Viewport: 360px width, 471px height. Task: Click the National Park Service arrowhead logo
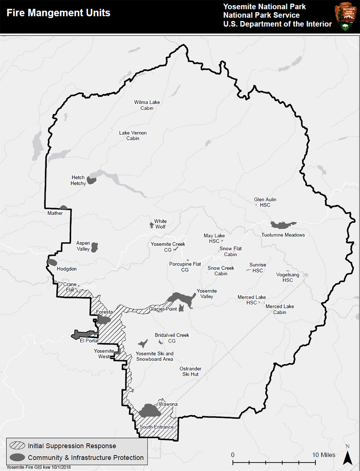tap(345, 16)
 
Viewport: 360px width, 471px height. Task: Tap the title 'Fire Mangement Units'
tap(58, 13)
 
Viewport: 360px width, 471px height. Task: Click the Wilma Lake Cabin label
tap(147, 105)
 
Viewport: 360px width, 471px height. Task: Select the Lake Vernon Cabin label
tap(133, 135)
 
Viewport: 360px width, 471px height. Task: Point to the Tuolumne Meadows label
tap(283, 235)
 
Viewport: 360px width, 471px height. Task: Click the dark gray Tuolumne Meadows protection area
tap(282, 225)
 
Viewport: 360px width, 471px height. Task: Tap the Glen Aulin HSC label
tap(265, 202)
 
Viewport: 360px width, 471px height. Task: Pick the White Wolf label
tap(160, 224)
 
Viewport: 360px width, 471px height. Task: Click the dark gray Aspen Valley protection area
tap(94, 247)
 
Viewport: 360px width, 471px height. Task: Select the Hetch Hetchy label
tap(78, 180)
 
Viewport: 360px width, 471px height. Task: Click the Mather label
tap(55, 213)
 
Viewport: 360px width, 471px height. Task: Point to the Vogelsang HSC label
tap(288, 277)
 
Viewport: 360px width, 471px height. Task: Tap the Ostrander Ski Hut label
tap(190, 371)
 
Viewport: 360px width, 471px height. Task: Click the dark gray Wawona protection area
tap(150, 411)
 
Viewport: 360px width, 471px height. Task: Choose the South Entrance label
tap(156, 427)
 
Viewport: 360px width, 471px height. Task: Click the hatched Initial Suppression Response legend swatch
tap(17, 445)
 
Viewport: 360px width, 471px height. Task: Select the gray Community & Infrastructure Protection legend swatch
tap(17, 457)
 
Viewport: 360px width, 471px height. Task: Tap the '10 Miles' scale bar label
tap(324, 455)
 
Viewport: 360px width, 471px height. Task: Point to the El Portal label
tap(89, 340)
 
